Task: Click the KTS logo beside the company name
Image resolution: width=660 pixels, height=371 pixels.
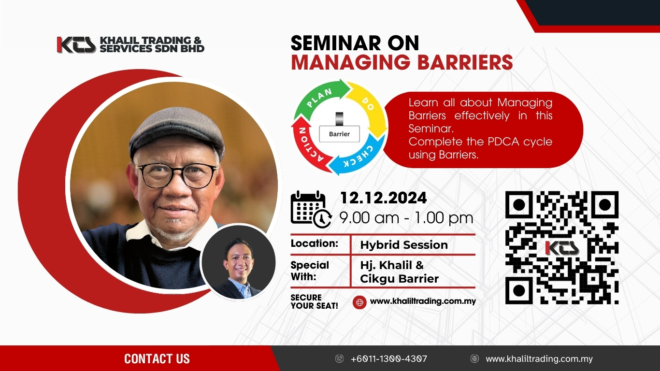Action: [76, 45]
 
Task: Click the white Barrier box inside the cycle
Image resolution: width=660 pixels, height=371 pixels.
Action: [340, 134]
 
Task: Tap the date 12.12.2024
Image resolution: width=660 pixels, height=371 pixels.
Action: [383, 198]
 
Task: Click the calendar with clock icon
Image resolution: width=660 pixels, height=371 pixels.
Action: [311, 210]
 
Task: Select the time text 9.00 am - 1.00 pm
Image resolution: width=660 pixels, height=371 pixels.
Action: [406, 218]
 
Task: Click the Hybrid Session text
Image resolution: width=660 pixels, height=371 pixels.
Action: [404, 245]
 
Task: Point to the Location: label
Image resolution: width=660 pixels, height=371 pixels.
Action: [314, 243]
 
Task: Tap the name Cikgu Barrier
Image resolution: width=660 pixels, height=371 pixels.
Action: [400, 279]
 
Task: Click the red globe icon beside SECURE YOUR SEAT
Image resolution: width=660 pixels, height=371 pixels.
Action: [359, 302]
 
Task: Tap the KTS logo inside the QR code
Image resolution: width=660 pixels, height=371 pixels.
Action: [562, 248]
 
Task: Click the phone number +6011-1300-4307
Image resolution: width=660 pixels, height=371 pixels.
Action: [389, 358]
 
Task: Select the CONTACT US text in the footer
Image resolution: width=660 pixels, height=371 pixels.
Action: [157, 358]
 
